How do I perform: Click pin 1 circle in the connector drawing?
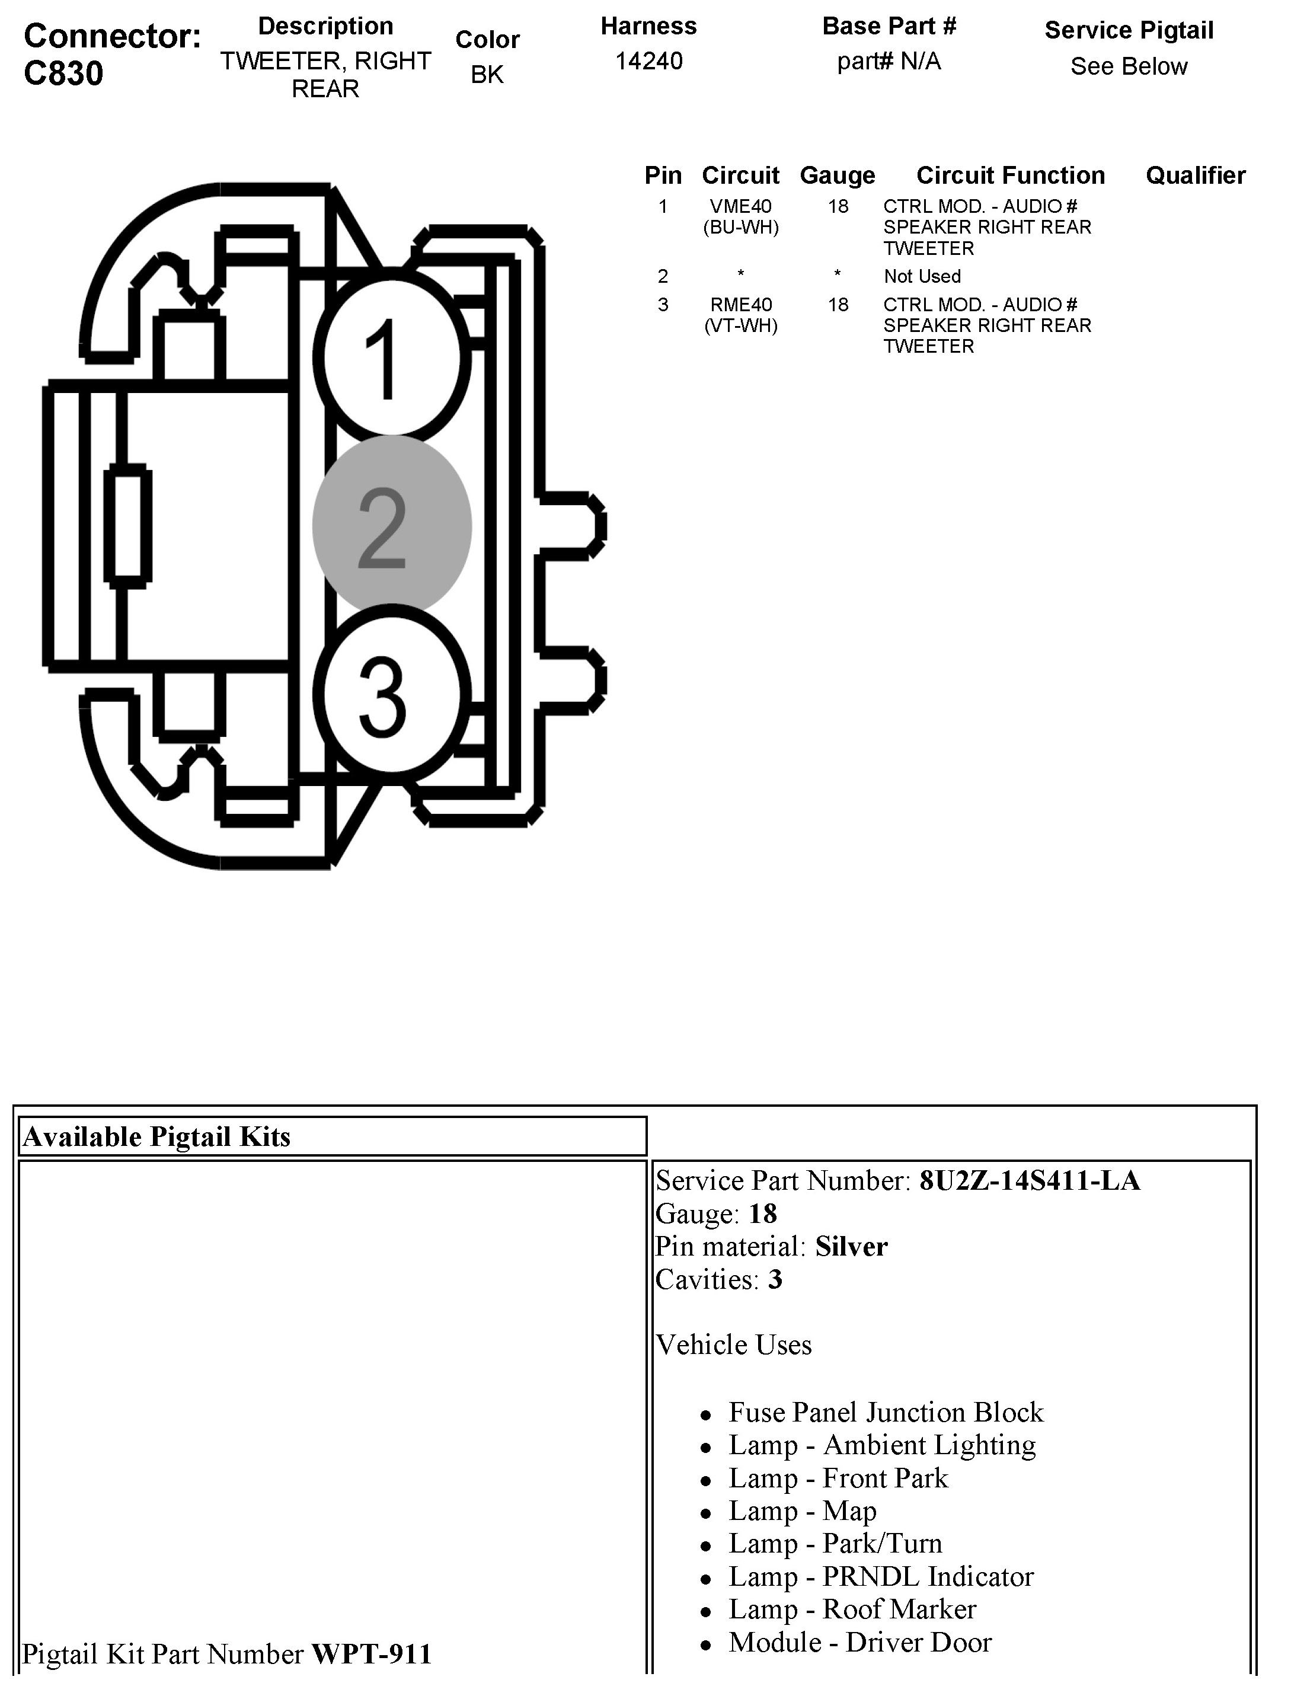pos(391,358)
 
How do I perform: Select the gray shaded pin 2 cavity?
pos(391,526)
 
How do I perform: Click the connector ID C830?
pos(64,74)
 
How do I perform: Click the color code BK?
pos(487,75)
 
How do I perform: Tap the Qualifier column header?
pos(1195,175)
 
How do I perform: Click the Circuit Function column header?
pos(1011,175)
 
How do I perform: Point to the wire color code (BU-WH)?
pos(741,228)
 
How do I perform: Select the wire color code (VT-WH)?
pos(741,326)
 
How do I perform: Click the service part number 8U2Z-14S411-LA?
pos(1030,1180)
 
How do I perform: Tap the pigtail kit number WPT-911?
pos(372,1654)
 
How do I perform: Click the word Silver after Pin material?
pos(851,1247)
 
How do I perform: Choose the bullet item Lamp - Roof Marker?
pos(852,1609)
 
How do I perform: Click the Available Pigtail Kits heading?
pos(156,1136)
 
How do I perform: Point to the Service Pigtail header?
pos(1129,30)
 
